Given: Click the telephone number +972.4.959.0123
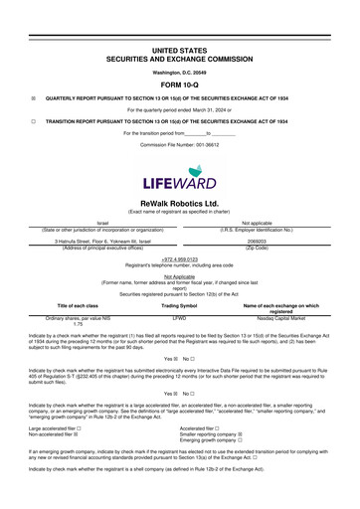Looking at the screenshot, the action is (x=179, y=259).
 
